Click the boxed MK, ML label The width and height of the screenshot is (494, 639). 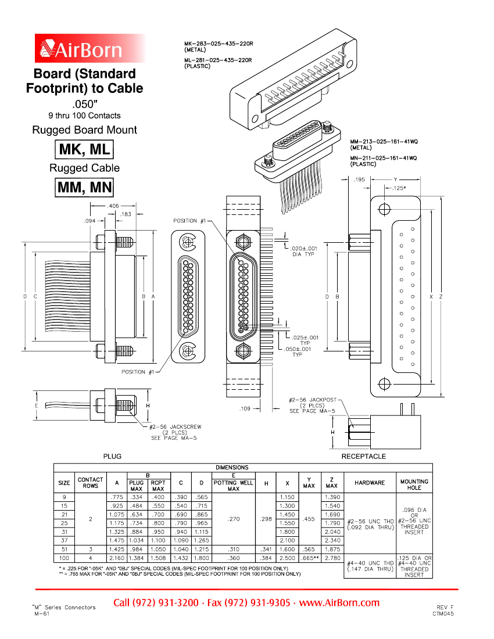(x=84, y=150)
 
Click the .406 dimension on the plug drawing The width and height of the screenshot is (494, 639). (x=113, y=206)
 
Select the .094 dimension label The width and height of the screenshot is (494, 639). (x=90, y=221)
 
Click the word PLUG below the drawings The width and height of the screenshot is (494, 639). (x=112, y=456)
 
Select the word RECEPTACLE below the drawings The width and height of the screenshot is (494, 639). (x=363, y=456)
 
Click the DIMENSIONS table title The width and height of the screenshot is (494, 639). (x=232, y=467)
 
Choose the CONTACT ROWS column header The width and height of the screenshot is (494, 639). (x=90, y=482)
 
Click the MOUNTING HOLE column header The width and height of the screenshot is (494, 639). (x=414, y=484)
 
